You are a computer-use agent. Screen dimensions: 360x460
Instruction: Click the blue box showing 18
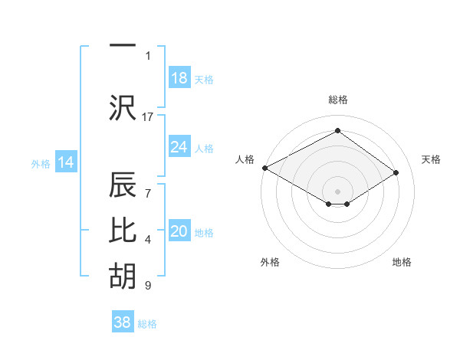pos(179,78)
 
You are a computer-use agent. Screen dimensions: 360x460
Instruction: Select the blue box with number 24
pos(179,147)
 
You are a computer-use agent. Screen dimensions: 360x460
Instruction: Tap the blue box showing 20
pos(179,231)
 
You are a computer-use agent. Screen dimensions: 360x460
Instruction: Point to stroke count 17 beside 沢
pos(148,116)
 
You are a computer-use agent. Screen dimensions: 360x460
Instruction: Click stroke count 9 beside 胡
pos(148,286)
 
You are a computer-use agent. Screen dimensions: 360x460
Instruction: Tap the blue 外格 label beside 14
pos(41,163)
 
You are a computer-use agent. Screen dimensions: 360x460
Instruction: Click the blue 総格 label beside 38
pos(147,324)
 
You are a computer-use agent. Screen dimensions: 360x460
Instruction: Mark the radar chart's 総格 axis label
pos(337,100)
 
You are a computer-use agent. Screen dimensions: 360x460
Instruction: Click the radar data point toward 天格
pos(396,173)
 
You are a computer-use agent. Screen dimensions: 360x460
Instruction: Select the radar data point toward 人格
pos(264,168)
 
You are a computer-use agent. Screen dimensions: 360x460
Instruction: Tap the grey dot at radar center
pos(337,190)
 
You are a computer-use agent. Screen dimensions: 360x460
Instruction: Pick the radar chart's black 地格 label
pos(402,262)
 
